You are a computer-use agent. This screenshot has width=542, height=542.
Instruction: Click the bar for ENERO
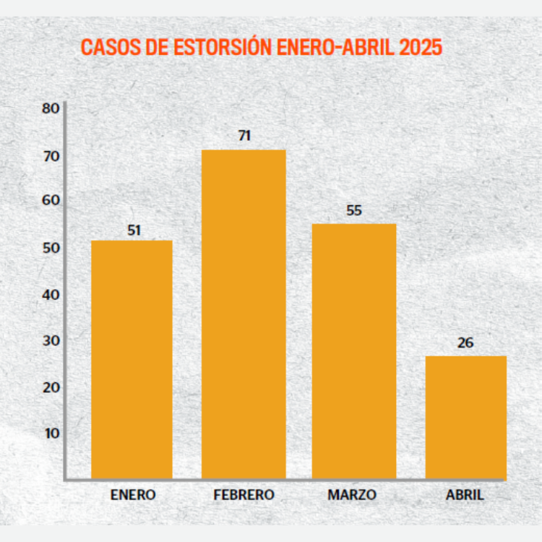coord(132,358)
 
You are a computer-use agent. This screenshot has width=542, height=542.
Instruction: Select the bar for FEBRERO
coord(244,314)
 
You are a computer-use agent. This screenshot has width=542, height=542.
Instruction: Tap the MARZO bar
coord(354,350)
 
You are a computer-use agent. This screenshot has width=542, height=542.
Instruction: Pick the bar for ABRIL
coord(465,416)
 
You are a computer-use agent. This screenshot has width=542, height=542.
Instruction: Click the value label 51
coord(133,231)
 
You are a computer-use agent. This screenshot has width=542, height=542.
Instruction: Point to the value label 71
coord(244,135)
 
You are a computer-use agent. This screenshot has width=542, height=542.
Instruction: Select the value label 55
coord(354,211)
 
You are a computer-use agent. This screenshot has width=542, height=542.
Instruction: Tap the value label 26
coord(465,343)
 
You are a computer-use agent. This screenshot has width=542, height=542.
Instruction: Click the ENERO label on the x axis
coord(133,495)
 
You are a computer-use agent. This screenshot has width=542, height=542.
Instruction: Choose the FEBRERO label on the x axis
coord(244,495)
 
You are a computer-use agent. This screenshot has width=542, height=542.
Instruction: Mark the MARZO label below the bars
coord(352,495)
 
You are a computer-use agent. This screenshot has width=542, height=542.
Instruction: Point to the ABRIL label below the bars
coord(465,495)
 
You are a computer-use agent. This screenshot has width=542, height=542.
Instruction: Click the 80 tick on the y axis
coord(51,109)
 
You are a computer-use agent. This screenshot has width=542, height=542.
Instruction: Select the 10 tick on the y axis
coord(51,434)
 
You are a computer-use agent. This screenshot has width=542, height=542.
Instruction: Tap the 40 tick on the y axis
coord(51,295)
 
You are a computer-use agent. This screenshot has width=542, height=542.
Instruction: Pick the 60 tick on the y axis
coord(51,201)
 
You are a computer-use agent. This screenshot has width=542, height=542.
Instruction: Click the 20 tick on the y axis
coord(51,387)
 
